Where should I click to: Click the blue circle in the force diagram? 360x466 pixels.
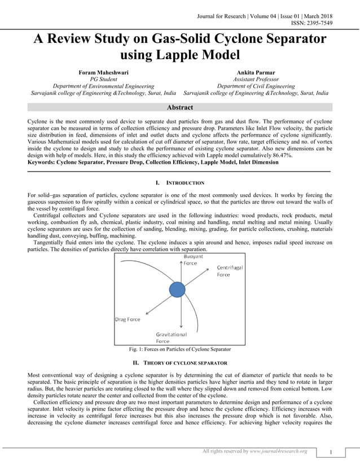tap(177, 289)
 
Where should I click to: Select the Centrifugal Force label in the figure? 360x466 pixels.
tap(230, 271)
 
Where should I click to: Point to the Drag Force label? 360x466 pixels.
tap(128, 319)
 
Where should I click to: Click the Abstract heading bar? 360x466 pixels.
tap(180, 107)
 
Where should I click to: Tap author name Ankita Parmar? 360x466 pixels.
tap(256, 73)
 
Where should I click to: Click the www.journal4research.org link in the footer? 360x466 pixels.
tap(278, 451)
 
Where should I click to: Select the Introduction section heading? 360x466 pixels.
tap(179, 183)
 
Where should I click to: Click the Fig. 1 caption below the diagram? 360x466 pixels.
tap(179, 350)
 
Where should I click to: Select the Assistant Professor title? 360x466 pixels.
tap(256, 80)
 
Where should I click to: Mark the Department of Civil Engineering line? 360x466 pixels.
tap(256, 86)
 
